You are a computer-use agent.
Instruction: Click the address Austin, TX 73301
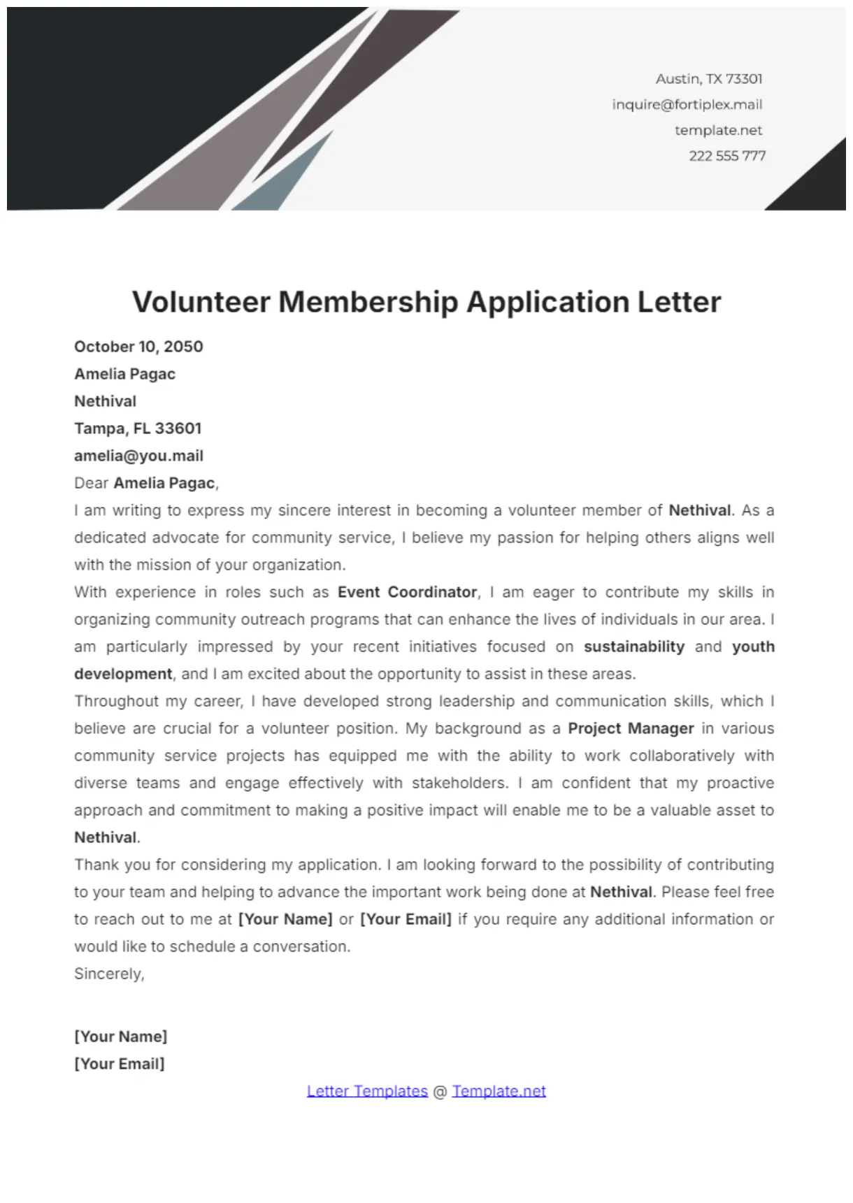tap(708, 79)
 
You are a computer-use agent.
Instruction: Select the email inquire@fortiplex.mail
tap(687, 105)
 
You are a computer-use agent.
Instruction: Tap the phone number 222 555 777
tap(726, 156)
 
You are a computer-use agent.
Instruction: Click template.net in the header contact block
tap(718, 130)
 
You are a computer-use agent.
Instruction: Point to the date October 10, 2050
tap(138, 347)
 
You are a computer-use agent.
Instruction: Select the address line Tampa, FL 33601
tap(138, 428)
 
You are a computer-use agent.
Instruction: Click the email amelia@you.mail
tap(138, 456)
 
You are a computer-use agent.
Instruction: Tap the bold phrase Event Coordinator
tap(407, 592)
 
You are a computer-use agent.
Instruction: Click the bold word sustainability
tap(633, 647)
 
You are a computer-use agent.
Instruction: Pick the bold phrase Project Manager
tap(630, 728)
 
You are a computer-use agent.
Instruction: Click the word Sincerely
tap(108, 974)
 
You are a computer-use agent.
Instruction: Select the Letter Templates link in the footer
tap(367, 1091)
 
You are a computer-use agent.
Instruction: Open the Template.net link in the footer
tap(499, 1091)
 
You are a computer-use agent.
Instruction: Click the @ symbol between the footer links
tap(440, 1092)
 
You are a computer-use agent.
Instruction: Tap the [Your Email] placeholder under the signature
tap(120, 1064)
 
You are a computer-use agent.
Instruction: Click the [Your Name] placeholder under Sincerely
tap(121, 1037)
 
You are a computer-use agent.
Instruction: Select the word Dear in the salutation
tap(91, 483)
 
